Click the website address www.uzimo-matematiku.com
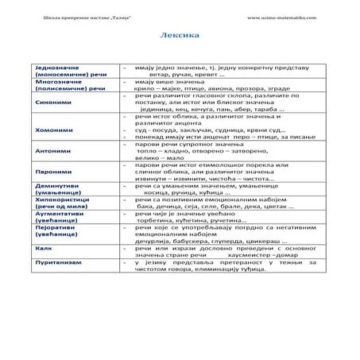(x=281, y=17)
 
